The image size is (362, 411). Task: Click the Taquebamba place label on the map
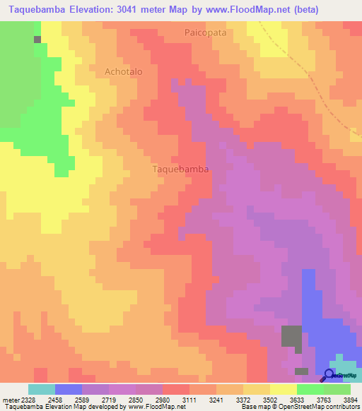click(180, 169)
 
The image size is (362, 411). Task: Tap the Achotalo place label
click(124, 71)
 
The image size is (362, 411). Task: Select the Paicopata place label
click(207, 32)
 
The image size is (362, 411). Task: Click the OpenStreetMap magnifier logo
click(330, 375)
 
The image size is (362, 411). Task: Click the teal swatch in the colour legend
click(42, 389)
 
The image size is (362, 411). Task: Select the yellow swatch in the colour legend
click(284, 389)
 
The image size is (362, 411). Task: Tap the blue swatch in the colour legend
click(69, 389)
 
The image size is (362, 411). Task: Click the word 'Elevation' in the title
click(94, 10)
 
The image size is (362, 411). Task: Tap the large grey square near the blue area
click(291, 336)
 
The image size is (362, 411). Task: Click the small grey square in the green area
click(37, 39)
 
